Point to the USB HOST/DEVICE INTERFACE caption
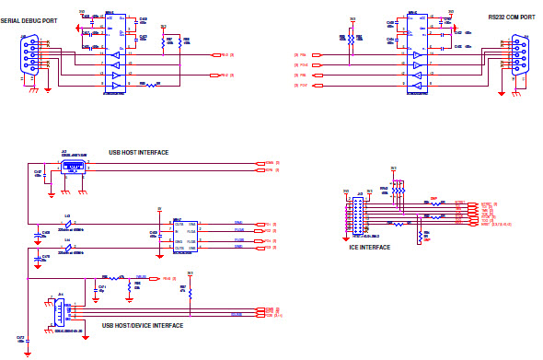(x=141, y=325)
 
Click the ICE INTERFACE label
(x=368, y=247)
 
